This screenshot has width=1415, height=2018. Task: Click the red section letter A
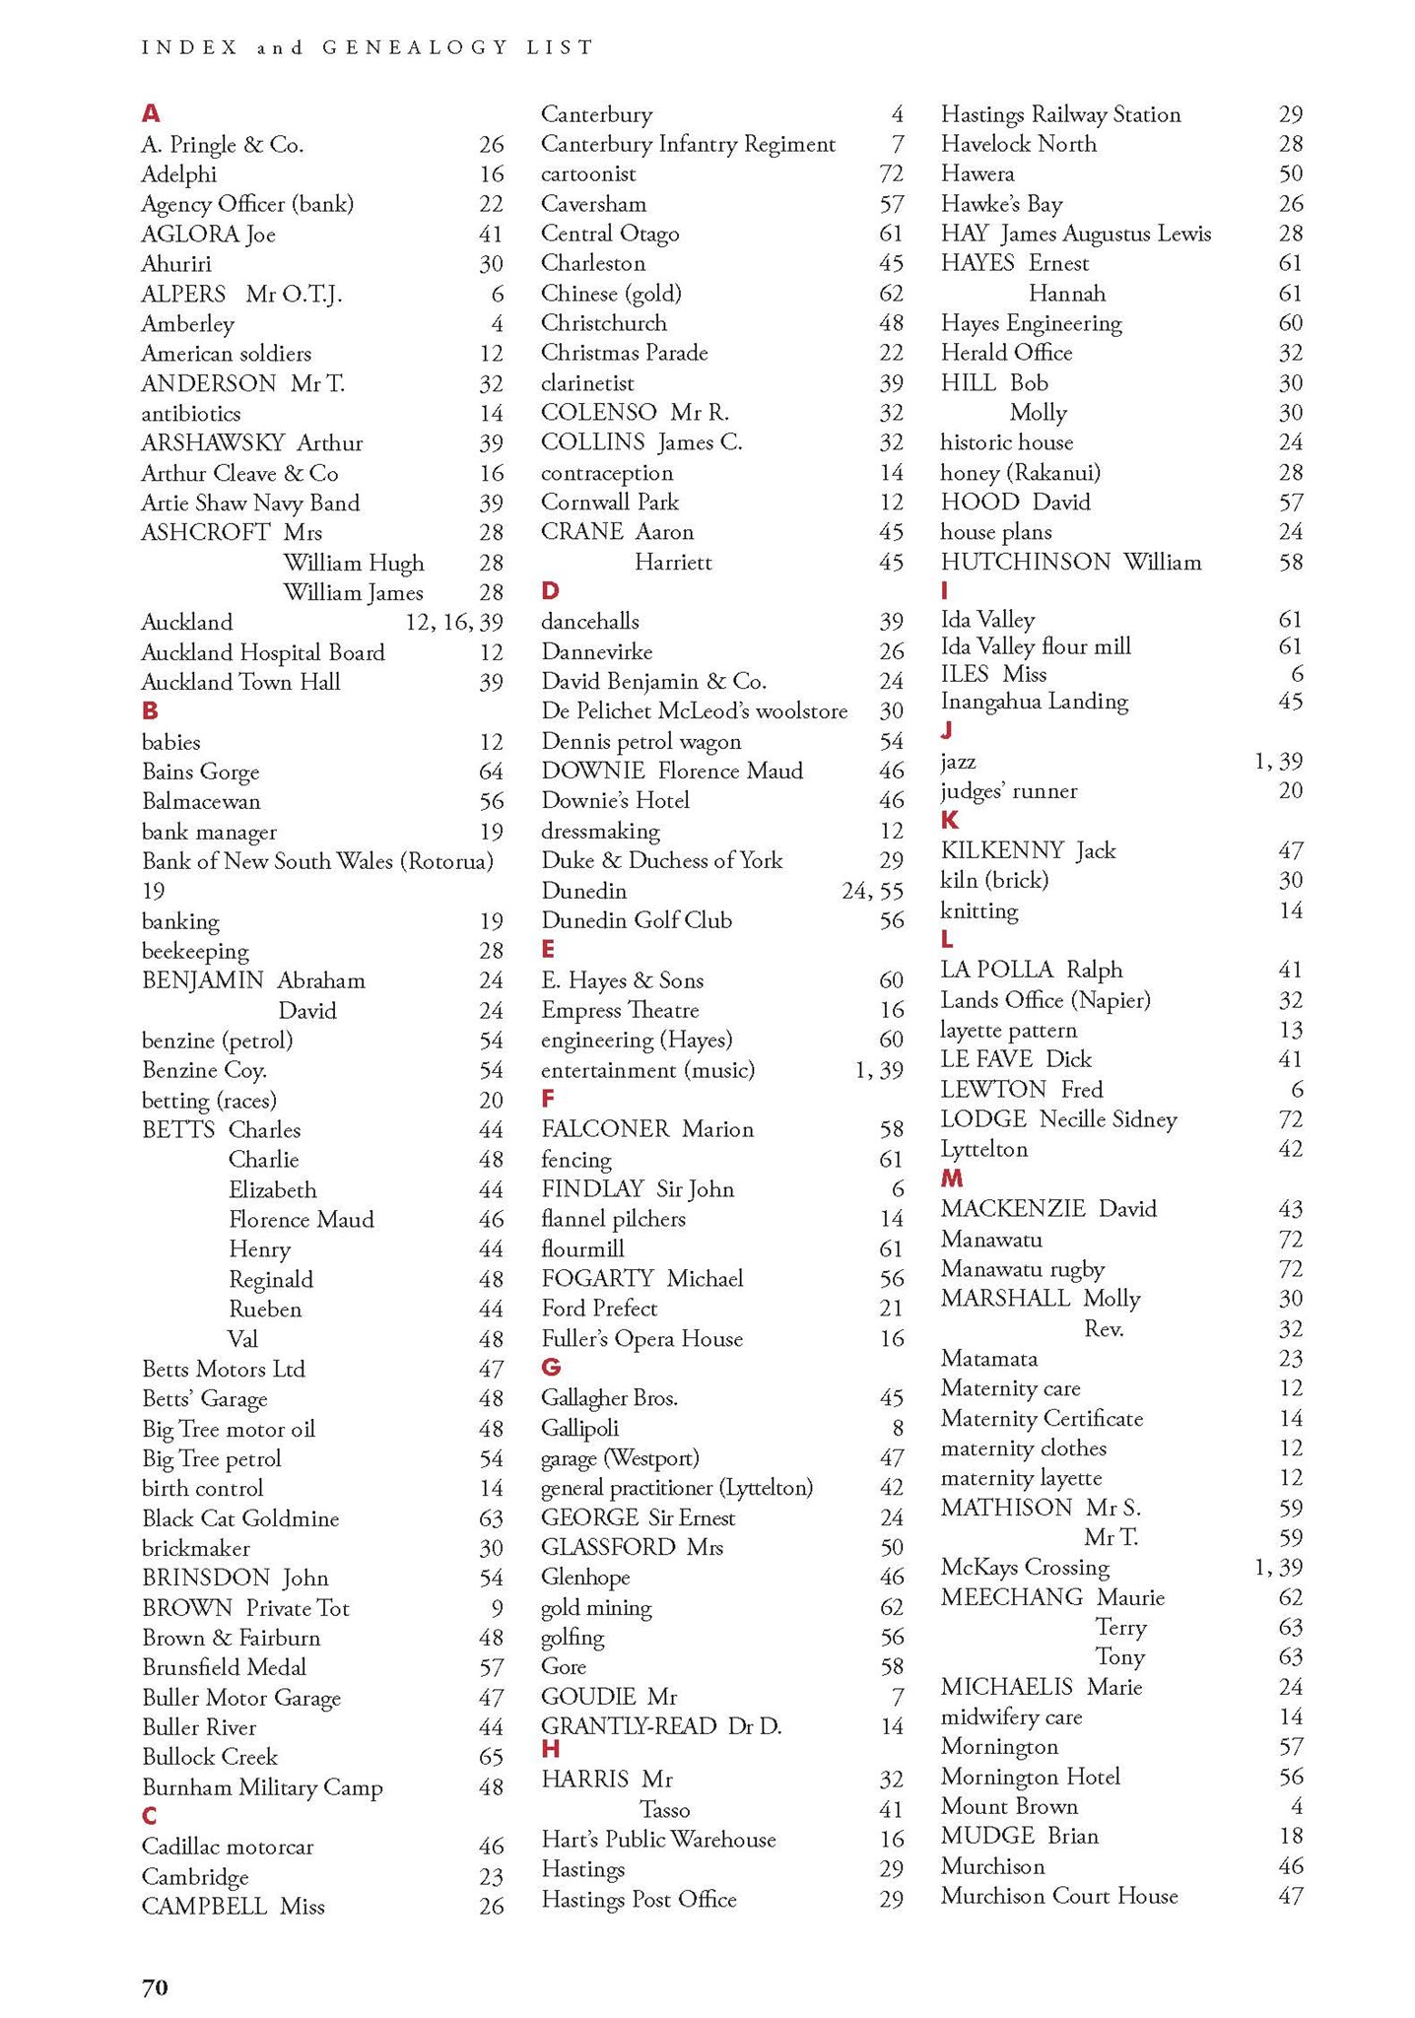[151, 113]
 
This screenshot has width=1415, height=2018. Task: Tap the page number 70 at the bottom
[155, 1987]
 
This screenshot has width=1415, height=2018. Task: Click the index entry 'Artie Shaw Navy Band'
[250, 503]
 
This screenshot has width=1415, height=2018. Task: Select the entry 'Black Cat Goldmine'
[240, 1517]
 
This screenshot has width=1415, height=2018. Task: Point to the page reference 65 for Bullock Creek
[491, 1757]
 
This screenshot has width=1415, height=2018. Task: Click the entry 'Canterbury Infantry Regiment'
[688, 144]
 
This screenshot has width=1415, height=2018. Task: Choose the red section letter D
[550, 590]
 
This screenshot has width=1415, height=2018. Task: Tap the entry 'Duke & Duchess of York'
[661, 860]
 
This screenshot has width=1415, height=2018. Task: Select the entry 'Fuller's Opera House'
[641, 1338]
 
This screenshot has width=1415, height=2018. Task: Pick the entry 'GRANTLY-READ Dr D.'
[661, 1725]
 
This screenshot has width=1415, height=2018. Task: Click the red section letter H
[551, 1749]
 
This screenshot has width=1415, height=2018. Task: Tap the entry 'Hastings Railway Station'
[1060, 114]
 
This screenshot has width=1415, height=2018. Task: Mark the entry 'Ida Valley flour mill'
[1036, 646]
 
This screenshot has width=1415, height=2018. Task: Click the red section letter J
[947, 729]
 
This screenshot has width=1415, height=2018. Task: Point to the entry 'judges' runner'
[1008, 790]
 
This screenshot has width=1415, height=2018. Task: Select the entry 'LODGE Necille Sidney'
[1058, 1119]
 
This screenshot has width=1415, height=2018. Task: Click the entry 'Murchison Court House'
[1059, 1896]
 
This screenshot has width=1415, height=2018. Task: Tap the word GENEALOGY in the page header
[414, 47]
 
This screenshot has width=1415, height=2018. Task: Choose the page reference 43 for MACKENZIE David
[1290, 1209]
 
